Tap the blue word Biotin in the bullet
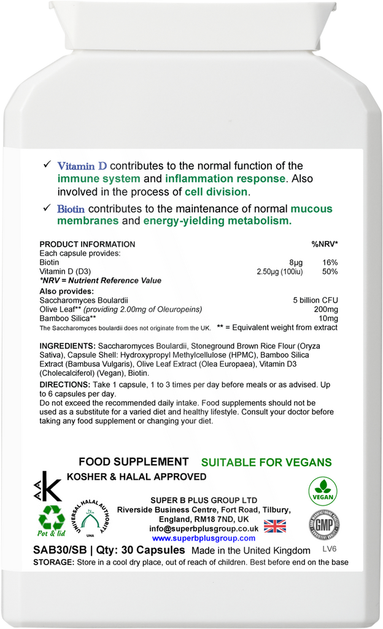coord(71,209)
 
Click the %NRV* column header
coord(324,244)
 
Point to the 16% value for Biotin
coord(330,262)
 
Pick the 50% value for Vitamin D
coord(330,272)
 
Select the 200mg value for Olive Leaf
coord(326,310)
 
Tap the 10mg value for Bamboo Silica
coord(328,319)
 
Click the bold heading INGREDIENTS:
coord(67,346)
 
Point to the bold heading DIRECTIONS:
coord(64,384)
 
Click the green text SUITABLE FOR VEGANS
coord(266,463)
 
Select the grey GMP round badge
coord(324,526)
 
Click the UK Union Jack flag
coord(275,526)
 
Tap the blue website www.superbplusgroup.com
coord(204,538)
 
